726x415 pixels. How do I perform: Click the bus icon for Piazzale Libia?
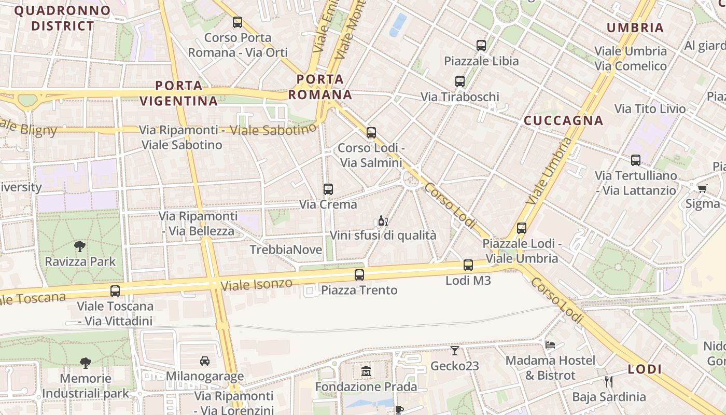481,46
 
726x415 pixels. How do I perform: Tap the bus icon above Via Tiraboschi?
460,81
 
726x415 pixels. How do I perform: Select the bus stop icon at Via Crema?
328,189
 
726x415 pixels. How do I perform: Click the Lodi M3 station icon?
468,265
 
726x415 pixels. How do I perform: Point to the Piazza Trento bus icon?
359,275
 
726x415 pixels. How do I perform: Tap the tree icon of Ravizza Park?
80,246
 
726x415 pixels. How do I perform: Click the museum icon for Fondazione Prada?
366,371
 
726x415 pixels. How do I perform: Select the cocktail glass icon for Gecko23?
455,351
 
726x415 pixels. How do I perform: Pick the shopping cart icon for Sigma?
702,188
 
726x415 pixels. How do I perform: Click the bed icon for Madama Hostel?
550,344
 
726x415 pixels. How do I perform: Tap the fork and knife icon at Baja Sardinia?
609,382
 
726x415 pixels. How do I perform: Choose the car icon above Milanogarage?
205,361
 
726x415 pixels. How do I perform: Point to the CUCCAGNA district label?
564,121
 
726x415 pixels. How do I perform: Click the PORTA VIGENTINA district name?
179,93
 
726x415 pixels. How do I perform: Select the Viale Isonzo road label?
256,284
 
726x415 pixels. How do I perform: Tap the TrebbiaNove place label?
286,250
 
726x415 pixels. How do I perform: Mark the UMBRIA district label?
635,28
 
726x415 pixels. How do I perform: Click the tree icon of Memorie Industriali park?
86,363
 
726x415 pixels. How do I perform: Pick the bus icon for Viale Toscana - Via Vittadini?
115,291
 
